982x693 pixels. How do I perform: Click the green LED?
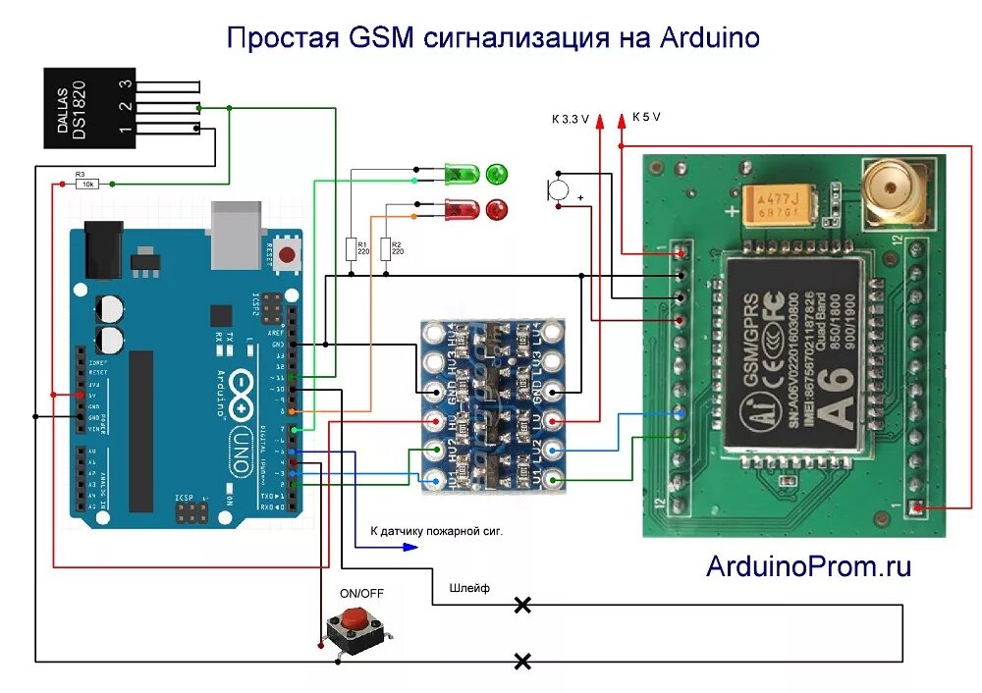(x=462, y=176)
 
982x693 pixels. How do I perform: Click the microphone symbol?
(x=558, y=189)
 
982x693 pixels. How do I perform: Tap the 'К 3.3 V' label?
(x=571, y=119)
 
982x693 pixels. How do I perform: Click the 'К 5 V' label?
(x=646, y=116)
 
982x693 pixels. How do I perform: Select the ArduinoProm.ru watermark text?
(x=808, y=565)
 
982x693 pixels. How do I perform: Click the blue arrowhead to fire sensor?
(x=410, y=547)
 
